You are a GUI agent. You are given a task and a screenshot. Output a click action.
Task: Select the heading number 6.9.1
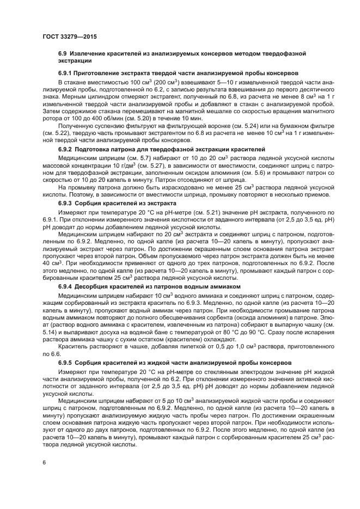(68, 73)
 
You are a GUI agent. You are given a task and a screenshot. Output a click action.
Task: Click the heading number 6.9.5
(68, 361)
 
